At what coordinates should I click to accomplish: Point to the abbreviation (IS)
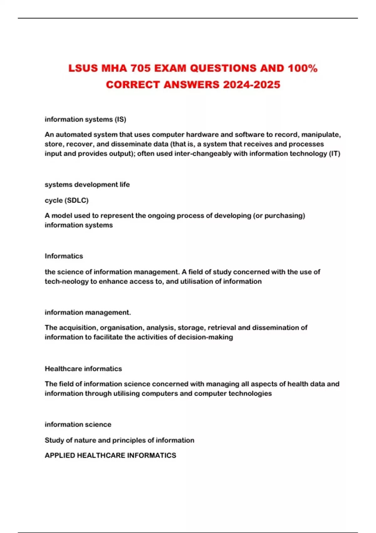[x=121, y=119]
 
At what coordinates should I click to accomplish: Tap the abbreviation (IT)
[x=335, y=154]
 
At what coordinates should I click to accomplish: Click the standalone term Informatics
[x=64, y=256]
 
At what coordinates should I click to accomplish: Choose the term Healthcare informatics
[x=83, y=369]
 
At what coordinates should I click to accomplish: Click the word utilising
[x=126, y=393]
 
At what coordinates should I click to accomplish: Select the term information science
[x=78, y=425]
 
